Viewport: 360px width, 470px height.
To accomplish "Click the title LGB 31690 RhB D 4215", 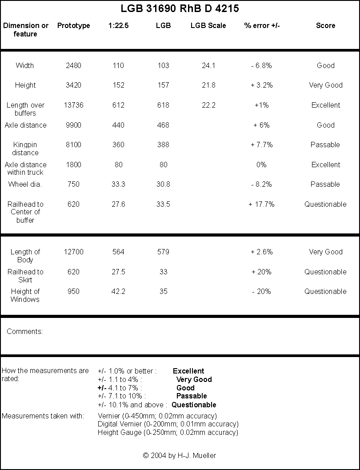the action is [180, 8].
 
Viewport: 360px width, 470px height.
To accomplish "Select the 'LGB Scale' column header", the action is [208, 25].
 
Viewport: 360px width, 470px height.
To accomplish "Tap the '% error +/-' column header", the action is [262, 25].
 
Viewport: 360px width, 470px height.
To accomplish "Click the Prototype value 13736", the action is [73, 105].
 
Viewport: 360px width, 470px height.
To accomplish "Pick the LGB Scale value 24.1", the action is [208, 65].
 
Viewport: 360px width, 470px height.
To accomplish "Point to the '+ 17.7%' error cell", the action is [261, 204].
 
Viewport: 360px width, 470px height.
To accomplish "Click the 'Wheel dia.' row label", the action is [25, 184].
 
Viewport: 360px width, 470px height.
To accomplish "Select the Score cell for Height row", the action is [326, 85].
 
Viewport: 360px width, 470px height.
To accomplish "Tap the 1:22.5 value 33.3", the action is [118, 184].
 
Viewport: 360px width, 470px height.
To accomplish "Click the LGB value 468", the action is [163, 125].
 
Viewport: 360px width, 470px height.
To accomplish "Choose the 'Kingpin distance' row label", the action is [25, 149].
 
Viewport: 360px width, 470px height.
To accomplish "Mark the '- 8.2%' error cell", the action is [261, 184].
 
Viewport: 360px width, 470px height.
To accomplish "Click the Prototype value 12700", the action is [73, 252].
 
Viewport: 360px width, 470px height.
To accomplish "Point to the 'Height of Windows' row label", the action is [25, 295].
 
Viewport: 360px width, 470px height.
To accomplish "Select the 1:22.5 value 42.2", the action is [118, 291].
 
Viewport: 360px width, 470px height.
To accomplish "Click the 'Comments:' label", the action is [24, 331].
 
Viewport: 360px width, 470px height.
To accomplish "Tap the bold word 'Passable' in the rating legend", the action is [192, 396].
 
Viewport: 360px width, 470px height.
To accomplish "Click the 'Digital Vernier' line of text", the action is [168, 424].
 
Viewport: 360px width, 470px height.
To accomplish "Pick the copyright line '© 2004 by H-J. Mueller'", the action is [180, 456].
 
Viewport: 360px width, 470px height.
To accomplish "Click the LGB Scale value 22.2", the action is [208, 105].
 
